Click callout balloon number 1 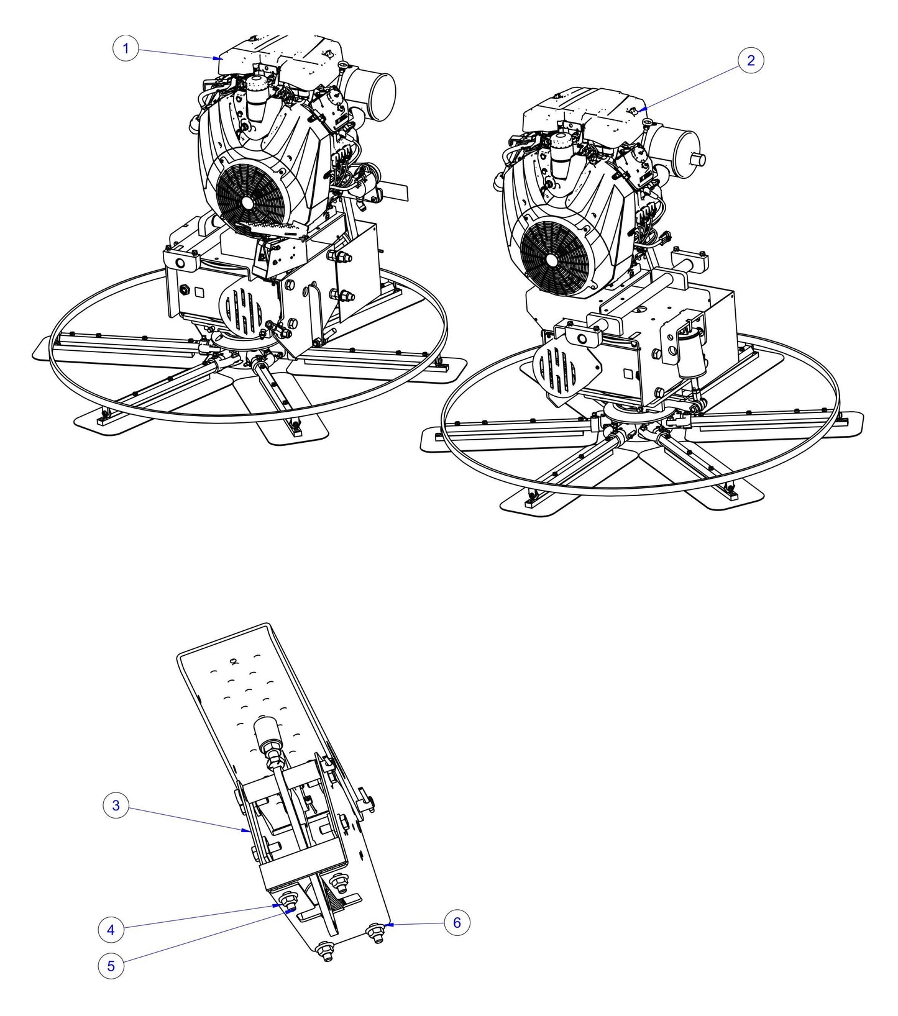tap(126, 48)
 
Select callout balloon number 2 tap(751, 60)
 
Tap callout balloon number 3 tap(116, 806)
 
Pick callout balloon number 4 tap(111, 930)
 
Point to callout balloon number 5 tap(111, 966)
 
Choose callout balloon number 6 tap(457, 923)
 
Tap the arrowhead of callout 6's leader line tap(387, 925)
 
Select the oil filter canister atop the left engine tap(256, 98)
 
